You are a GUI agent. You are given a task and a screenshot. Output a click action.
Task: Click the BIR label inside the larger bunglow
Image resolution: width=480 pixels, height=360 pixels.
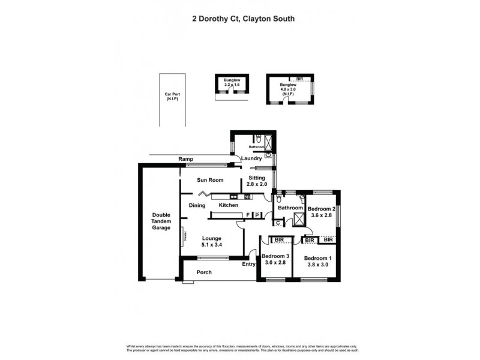tap(300, 79)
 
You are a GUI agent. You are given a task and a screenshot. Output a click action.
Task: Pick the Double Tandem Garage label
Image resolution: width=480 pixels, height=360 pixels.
tap(161, 221)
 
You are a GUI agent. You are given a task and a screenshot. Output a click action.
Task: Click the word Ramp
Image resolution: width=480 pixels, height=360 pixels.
tap(185, 159)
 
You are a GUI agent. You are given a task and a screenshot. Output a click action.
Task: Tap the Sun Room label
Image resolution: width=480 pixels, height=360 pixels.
tap(211, 180)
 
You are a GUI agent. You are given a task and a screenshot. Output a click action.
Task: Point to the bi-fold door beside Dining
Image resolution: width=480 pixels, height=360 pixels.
tap(204, 194)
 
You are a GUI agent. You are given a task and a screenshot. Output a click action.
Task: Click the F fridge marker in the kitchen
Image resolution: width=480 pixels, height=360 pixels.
tap(248, 215)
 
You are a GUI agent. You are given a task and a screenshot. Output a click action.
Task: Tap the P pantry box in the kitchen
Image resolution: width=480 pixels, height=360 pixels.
tap(257, 215)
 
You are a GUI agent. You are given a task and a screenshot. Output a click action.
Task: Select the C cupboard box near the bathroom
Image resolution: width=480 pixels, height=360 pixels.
tap(278, 223)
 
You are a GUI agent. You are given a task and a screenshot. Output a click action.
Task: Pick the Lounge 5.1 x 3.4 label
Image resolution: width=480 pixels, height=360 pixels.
tap(212, 241)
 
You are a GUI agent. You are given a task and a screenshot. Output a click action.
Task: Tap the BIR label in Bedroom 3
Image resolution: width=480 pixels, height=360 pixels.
tap(278, 240)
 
